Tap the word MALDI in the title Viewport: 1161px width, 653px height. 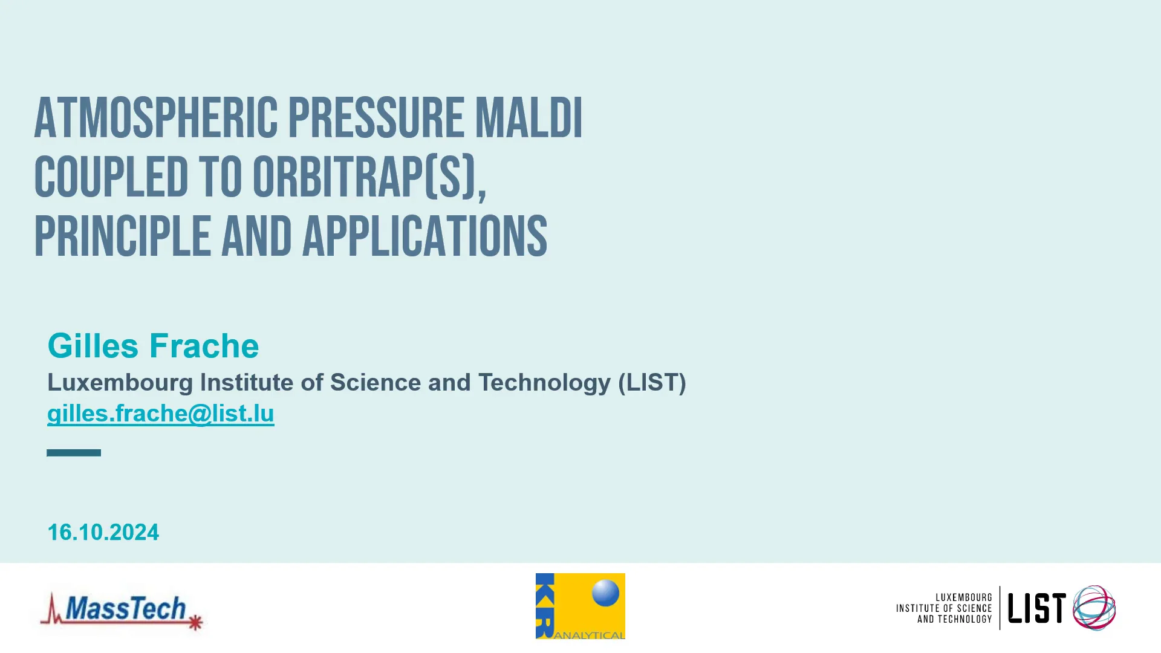point(528,119)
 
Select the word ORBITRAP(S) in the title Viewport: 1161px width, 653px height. point(369,177)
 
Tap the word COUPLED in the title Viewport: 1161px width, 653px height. point(111,177)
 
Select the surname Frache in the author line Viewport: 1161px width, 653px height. point(204,346)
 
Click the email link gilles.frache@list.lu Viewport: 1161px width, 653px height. point(161,414)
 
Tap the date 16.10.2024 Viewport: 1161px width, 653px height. point(103,532)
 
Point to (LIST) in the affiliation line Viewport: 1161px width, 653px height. point(652,383)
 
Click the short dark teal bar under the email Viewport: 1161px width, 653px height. point(74,452)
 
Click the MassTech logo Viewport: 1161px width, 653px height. point(121,609)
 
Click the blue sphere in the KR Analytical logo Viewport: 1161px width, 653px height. point(605,593)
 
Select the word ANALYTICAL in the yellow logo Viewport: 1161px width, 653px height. point(589,635)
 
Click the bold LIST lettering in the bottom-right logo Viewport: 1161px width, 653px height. point(1036,608)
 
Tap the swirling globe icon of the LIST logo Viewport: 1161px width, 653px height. point(1094,608)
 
